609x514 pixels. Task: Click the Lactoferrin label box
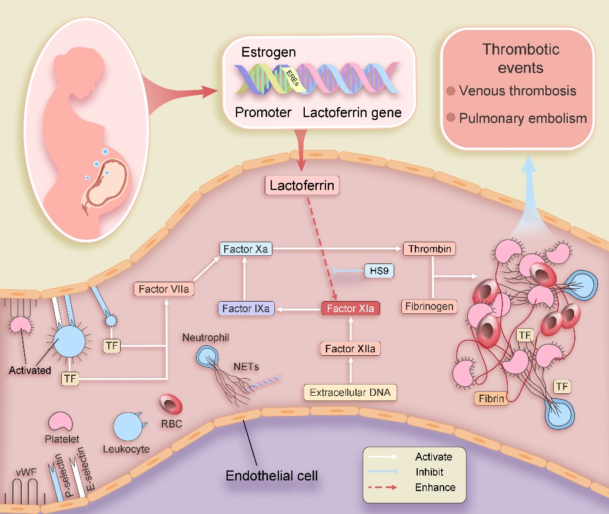[302, 186]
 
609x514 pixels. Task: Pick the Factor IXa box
[246, 308]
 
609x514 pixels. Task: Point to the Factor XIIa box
[351, 349]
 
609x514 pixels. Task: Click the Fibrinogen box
[430, 306]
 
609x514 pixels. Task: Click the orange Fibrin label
[491, 399]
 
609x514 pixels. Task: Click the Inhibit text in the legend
[430, 472]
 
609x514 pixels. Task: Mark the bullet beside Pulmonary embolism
[451, 118]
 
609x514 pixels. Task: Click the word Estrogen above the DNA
[269, 52]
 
